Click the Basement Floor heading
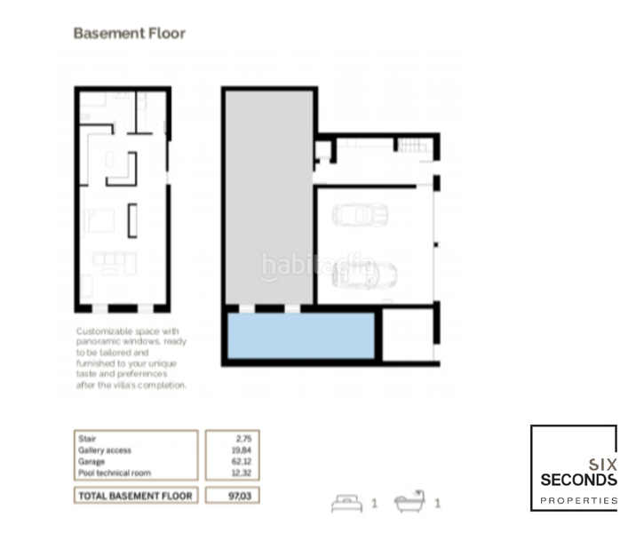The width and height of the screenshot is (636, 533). [x=129, y=34]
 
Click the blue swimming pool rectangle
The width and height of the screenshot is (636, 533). [x=300, y=336]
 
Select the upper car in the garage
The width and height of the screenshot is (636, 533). [x=360, y=215]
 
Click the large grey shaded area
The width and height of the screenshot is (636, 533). [x=269, y=195]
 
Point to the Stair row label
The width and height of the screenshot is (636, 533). [x=87, y=439]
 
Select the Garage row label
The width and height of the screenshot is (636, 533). [x=91, y=462]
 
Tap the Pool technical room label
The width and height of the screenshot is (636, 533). [x=114, y=473]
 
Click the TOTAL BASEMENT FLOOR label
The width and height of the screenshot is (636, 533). [x=134, y=495]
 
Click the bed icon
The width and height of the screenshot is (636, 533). [x=346, y=503]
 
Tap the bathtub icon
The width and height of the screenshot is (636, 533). [x=409, y=502]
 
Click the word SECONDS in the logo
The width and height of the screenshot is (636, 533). [x=578, y=480]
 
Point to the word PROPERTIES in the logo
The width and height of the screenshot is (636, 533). [x=578, y=501]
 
